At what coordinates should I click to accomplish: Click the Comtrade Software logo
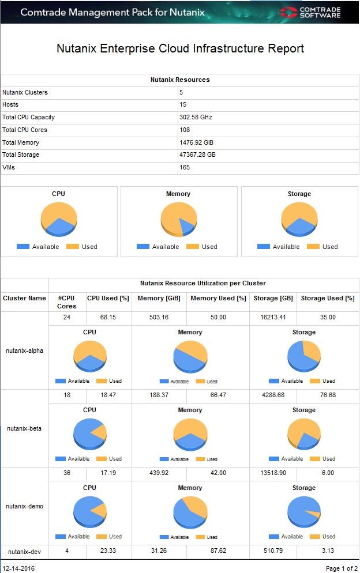point(310,12)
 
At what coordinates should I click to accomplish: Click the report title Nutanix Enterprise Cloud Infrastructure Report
point(180,48)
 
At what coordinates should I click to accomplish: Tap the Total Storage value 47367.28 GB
point(199,155)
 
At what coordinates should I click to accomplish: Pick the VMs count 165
point(185,168)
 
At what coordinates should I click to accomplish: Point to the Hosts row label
point(10,105)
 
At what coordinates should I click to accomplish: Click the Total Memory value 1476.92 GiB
point(197,142)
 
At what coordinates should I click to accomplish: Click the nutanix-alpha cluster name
point(24,350)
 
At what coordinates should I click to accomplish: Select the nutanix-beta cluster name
point(24,428)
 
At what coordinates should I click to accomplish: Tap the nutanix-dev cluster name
point(24,551)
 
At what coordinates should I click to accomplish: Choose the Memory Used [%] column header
point(218,299)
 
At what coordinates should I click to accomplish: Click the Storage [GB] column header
point(273,299)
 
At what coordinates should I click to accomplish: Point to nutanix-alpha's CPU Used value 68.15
point(108,318)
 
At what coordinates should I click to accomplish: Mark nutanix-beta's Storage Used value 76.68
point(327,395)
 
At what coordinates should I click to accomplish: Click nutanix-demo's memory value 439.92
point(159,473)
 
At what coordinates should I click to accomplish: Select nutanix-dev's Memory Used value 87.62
point(218,551)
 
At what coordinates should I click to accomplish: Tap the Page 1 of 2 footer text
point(342,568)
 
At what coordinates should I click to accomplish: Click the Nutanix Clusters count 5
point(181,93)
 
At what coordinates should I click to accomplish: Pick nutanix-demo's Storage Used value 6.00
point(327,473)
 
